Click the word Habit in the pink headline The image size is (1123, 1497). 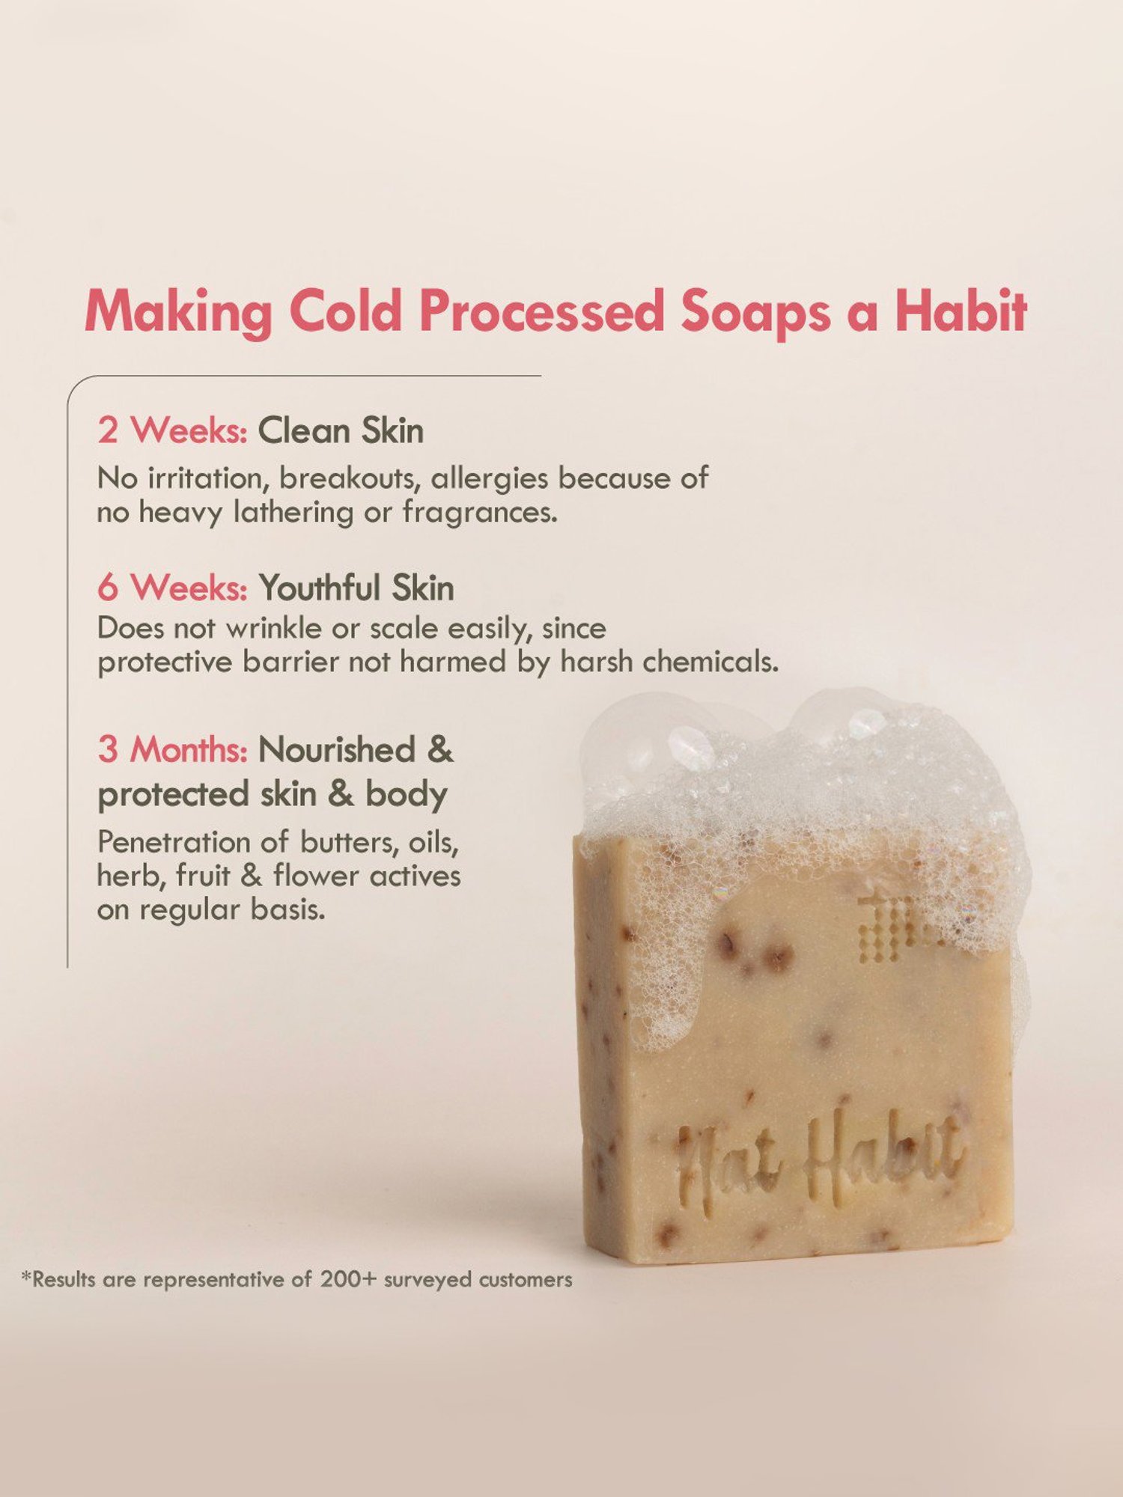[x=961, y=311]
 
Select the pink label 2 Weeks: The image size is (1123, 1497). [x=172, y=431]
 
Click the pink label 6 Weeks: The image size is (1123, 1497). [x=172, y=588]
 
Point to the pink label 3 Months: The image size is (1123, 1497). [x=172, y=749]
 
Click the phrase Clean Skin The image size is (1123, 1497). [x=341, y=431]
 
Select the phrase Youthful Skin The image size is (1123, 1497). [x=356, y=588]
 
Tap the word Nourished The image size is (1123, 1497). [x=336, y=749]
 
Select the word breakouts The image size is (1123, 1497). [x=347, y=478]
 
